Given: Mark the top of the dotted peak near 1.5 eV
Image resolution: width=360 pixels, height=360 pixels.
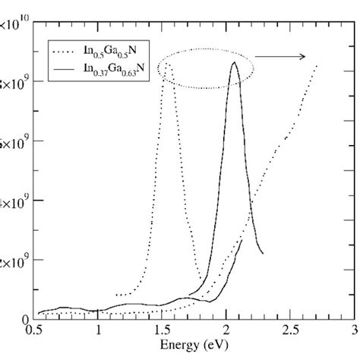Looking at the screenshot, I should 167,64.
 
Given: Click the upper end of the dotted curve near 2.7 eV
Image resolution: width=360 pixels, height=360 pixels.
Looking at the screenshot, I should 316,66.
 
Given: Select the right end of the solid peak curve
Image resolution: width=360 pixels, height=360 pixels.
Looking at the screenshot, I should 263,253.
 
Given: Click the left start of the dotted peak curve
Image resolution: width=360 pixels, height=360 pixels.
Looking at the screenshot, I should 115,295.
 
